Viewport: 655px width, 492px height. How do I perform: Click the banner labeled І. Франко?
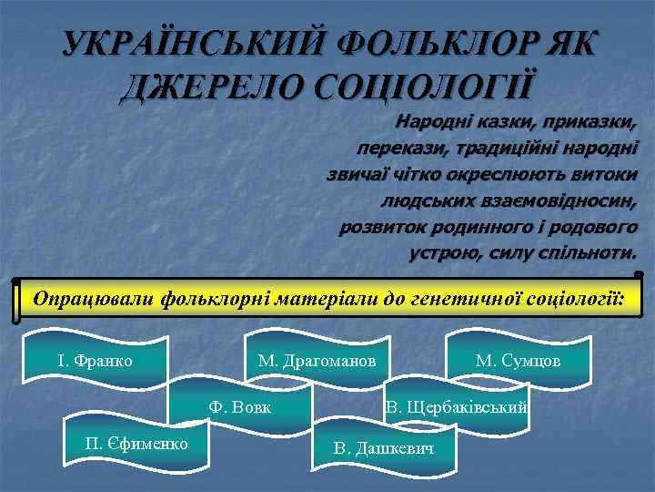(96, 361)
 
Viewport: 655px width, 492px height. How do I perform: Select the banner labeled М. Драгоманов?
(317, 361)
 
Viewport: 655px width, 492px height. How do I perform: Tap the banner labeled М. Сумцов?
(518, 361)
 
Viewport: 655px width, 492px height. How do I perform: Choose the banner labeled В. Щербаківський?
(456, 405)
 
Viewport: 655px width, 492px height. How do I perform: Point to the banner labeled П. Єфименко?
(136, 443)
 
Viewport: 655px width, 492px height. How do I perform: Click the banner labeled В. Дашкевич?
(383, 448)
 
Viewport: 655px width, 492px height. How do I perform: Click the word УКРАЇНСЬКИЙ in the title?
(191, 45)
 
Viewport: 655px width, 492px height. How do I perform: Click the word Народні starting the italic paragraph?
(429, 120)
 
